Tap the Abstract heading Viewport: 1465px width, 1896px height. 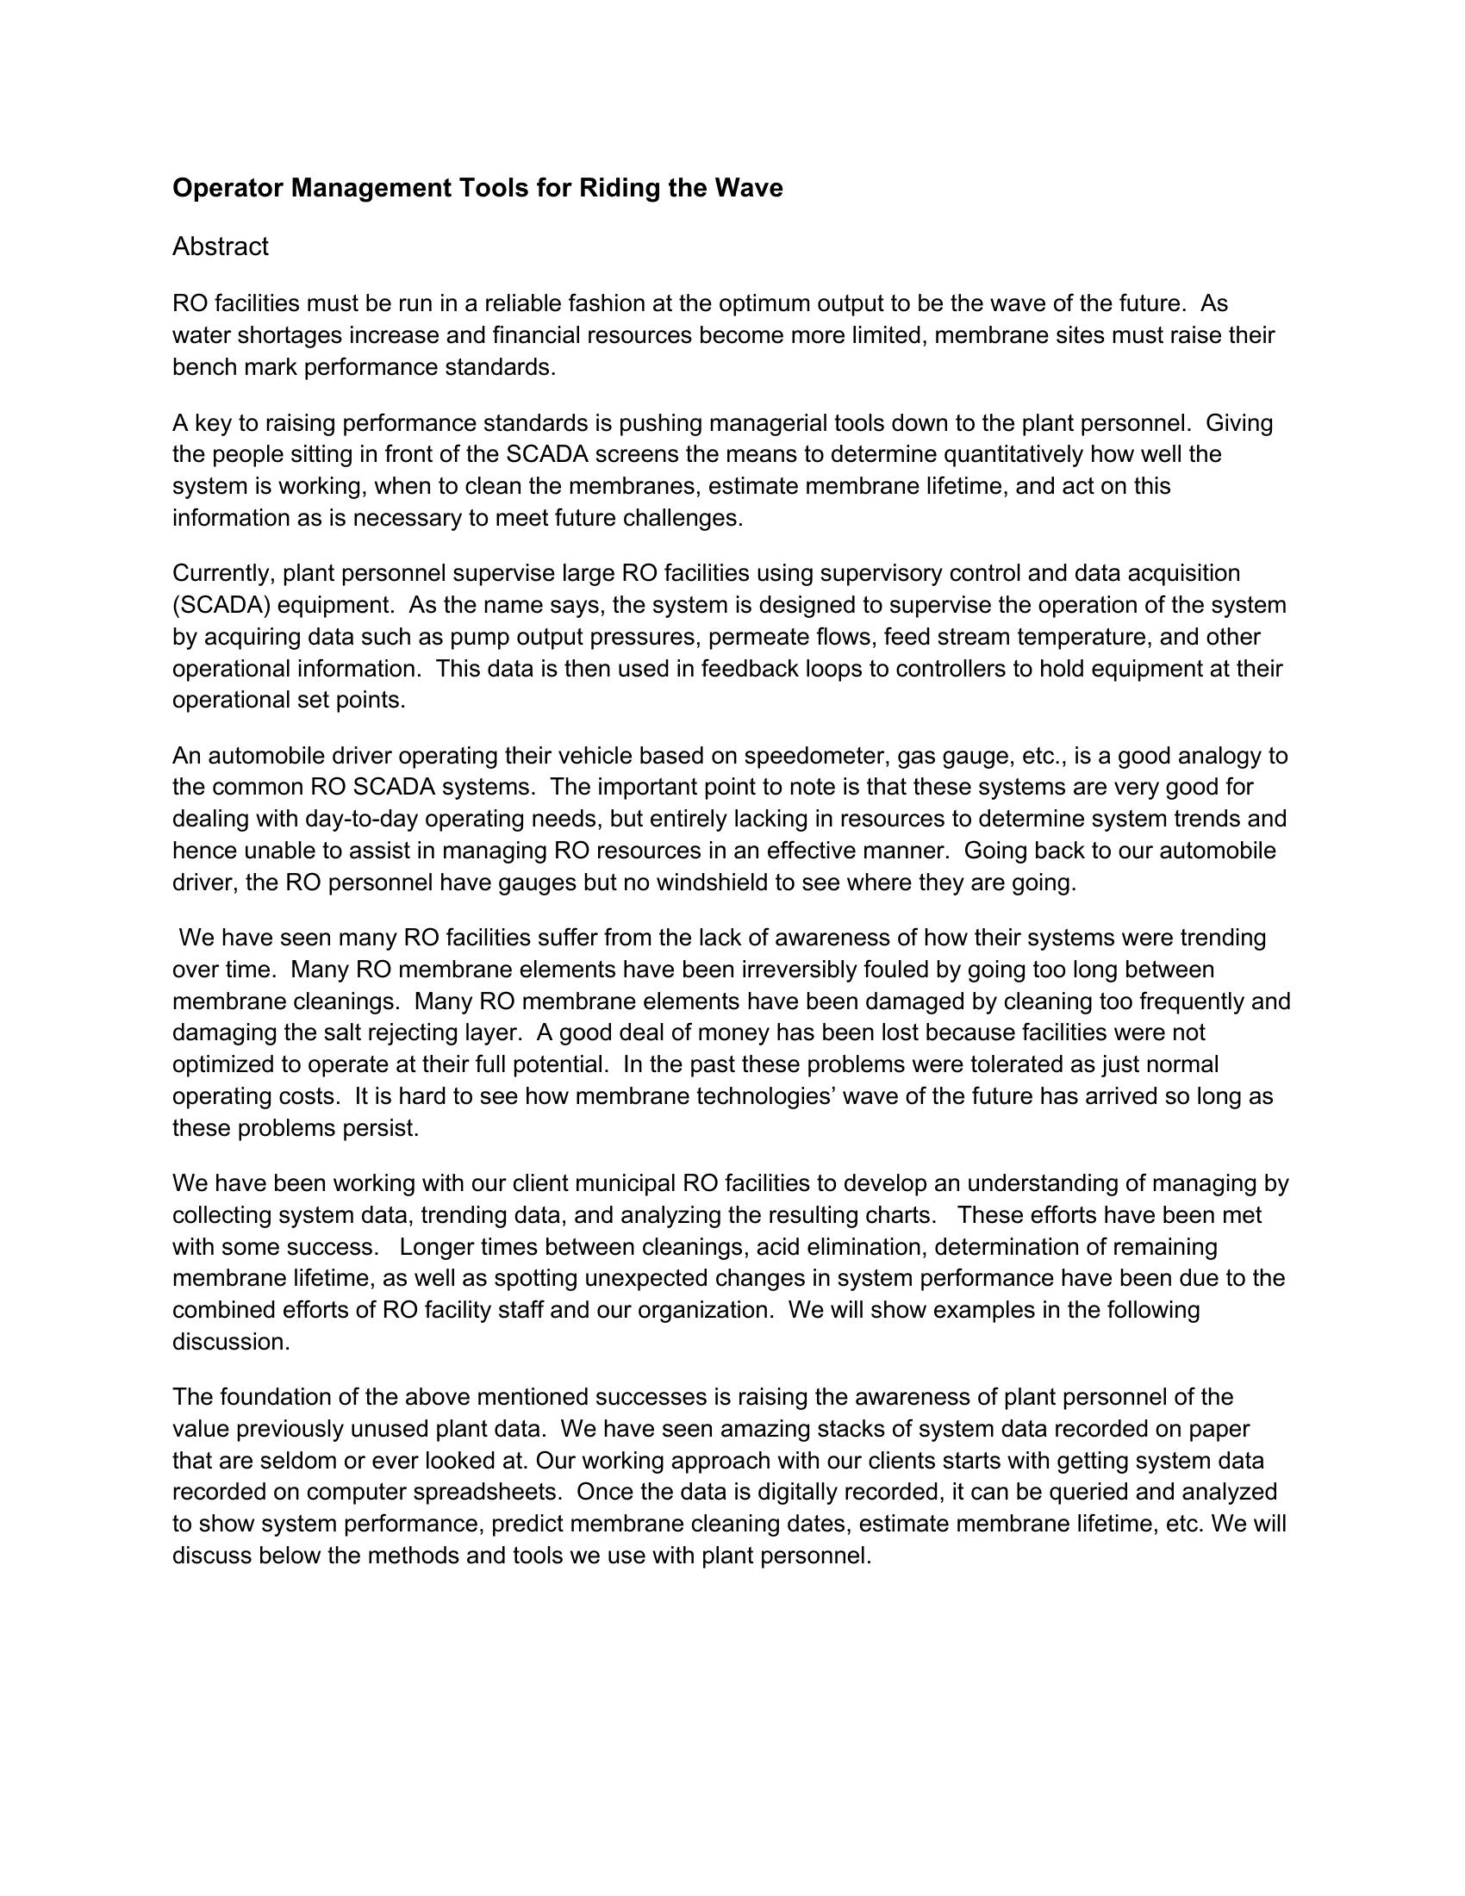point(221,247)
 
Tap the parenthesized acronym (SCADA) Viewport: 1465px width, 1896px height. point(221,605)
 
